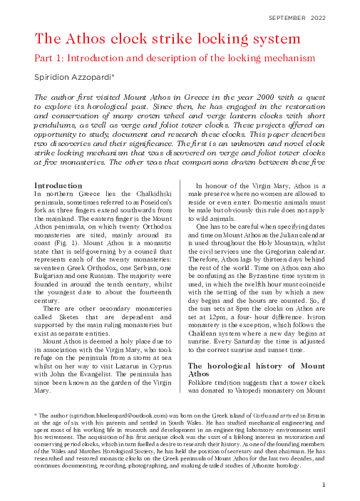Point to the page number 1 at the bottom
coord(323,485)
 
